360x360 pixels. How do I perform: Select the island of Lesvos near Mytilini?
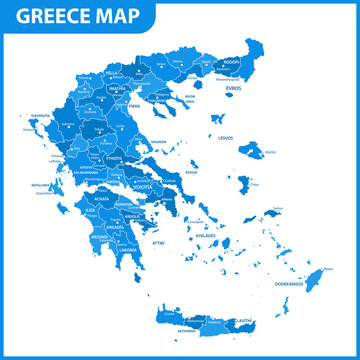tap(249, 151)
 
